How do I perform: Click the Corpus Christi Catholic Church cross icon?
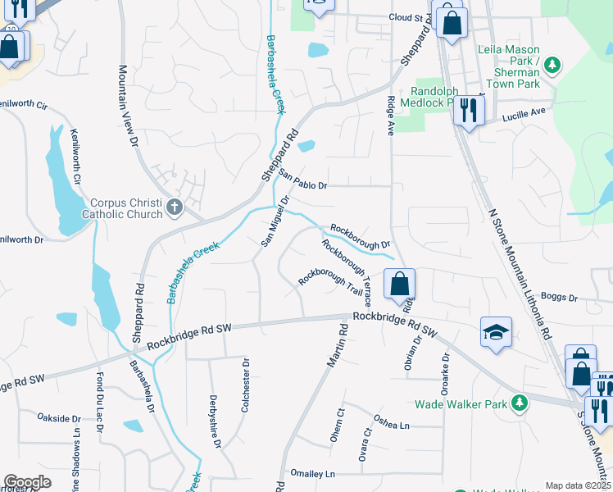pos(174,207)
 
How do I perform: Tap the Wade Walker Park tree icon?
pos(519,403)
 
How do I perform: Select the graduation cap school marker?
pos(496,332)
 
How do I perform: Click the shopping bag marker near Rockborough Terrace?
pos(399,285)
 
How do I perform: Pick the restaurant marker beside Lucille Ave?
pos(468,110)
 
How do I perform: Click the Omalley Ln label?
pos(312,474)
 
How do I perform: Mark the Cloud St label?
pos(409,16)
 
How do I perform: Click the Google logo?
pos(27,482)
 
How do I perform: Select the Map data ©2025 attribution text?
pos(578,485)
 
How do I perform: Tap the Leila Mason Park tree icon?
pos(553,64)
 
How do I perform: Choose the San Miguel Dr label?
pos(275,221)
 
